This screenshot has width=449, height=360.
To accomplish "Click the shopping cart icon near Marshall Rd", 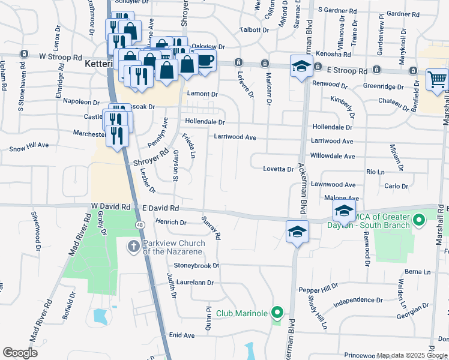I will pyautogui.click(x=438, y=79).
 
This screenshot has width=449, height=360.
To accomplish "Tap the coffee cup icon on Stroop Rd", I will pyautogui.click(x=205, y=61).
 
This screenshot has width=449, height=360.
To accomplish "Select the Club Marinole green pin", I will pyautogui.click(x=277, y=313).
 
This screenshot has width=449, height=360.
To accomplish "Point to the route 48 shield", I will pyautogui.click(x=139, y=224).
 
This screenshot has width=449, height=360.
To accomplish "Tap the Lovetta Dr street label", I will pyautogui.click(x=279, y=169).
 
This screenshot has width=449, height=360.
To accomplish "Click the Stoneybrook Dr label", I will pyautogui.click(x=197, y=265).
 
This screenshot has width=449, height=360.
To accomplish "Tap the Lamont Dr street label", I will pyautogui.click(x=202, y=94).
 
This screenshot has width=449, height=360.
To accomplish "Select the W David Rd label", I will pyautogui.click(x=110, y=207).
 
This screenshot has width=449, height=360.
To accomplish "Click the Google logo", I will pyautogui.click(x=20, y=353).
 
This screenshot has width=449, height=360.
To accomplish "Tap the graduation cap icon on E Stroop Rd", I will pyautogui.click(x=301, y=67).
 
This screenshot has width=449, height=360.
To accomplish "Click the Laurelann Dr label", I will pyautogui.click(x=194, y=282).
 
